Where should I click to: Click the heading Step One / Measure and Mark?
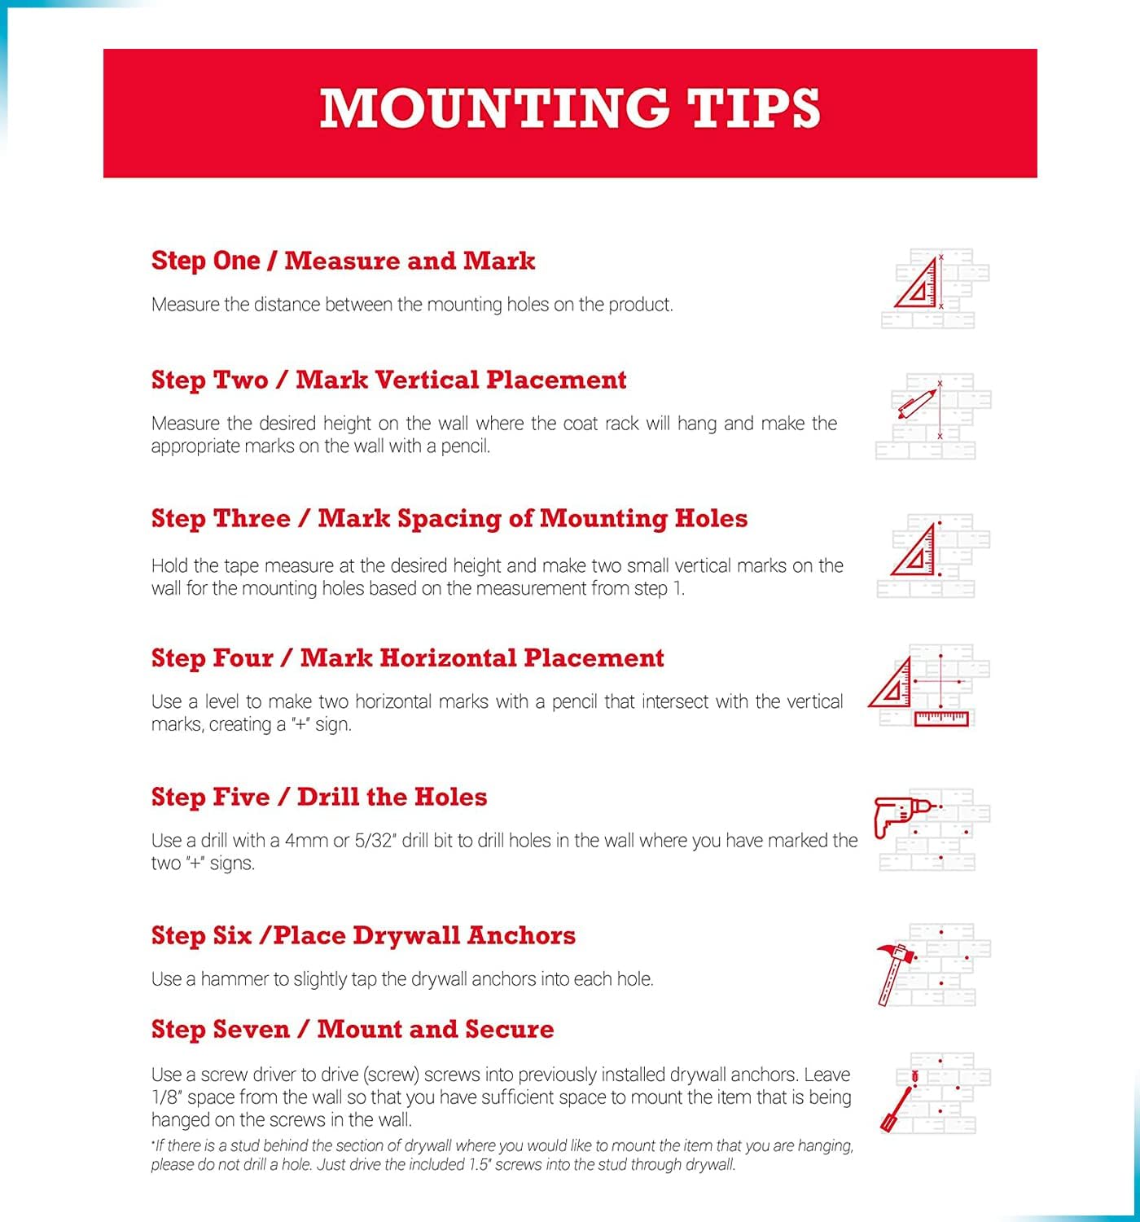(x=343, y=261)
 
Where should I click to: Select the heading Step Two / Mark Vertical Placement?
(x=388, y=380)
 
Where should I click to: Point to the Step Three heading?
(x=449, y=519)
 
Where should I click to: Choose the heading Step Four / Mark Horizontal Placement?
(x=407, y=658)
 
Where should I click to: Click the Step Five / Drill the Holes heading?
(x=319, y=797)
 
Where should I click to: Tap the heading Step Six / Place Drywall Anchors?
(x=363, y=935)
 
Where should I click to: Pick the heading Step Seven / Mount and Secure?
(x=352, y=1029)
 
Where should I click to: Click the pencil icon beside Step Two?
(x=915, y=403)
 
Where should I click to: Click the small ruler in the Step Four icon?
(x=941, y=719)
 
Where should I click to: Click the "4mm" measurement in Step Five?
(x=306, y=841)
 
